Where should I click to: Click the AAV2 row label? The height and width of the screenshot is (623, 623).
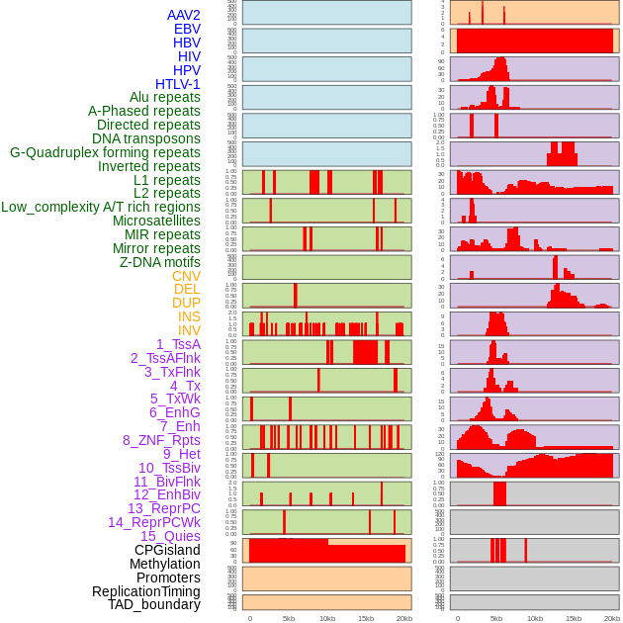pos(183,15)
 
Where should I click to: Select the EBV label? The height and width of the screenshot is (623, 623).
pos(187,29)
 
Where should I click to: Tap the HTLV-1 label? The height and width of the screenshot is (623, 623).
pos(177,84)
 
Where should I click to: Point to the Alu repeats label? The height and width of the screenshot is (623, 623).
pos(164,97)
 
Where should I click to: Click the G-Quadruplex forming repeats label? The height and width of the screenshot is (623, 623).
pos(105,152)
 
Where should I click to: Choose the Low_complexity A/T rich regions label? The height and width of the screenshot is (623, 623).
pos(101,207)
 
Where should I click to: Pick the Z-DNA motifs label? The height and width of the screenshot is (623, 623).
pos(159,262)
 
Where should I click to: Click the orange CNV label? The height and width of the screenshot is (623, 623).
pos(186,276)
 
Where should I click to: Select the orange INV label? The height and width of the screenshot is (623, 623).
pos(189,330)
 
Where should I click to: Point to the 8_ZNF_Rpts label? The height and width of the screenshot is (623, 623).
pos(161,440)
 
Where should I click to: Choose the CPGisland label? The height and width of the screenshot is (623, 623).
pos(167,550)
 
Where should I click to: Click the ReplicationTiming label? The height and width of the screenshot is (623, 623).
pos(145,591)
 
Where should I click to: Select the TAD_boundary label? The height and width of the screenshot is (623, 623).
pos(154,604)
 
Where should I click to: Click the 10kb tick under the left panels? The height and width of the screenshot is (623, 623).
pos(327,618)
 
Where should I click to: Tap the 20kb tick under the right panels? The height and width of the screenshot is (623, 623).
pos(612,618)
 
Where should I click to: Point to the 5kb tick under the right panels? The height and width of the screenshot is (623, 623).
pos(496,618)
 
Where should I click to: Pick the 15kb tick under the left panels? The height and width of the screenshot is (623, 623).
pos(366,618)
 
